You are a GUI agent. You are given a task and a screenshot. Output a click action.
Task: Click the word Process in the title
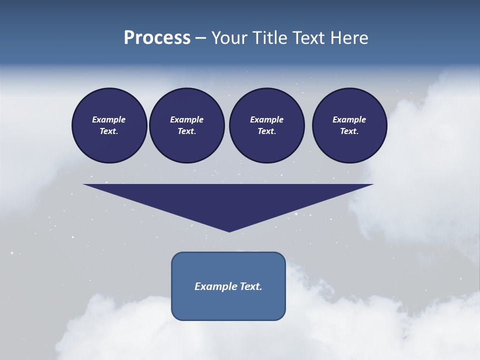[x=157, y=38]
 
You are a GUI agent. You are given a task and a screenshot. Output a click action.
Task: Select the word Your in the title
[x=229, y=38]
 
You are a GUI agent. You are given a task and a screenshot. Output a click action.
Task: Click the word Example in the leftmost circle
[x=109, y=119]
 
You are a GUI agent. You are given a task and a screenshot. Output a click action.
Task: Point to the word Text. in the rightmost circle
[x=349, y=131]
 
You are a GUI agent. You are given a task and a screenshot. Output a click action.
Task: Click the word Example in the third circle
[x=266, y=119]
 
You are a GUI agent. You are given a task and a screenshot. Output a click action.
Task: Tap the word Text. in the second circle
[x=186, y=131]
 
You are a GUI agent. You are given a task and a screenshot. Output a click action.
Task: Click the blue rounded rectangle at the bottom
[x=228, y=305]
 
